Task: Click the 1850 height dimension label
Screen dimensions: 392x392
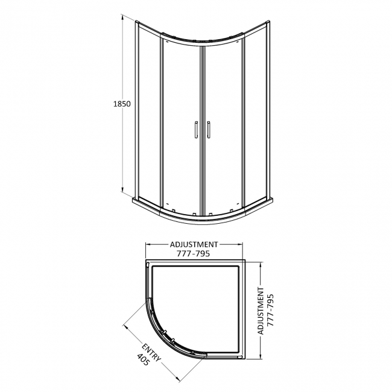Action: click(x=121, y=103)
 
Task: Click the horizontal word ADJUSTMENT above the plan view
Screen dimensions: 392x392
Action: click(x=194, y=244)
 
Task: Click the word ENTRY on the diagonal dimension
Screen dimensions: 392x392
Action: click(x=152, y=354)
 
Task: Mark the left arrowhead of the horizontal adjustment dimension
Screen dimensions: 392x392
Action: click(x=148, y=244)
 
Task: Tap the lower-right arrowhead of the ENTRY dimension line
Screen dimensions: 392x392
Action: click(x=181, y=381)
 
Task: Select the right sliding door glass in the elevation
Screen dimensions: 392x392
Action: click(x=223, y=121)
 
